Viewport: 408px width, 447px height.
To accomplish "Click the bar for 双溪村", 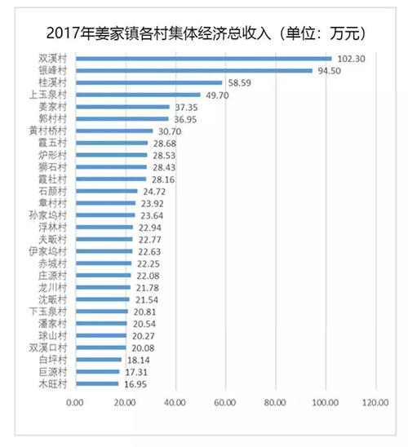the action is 204,59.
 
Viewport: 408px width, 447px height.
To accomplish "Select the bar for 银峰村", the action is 194,71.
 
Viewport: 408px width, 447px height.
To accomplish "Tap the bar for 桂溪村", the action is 149,82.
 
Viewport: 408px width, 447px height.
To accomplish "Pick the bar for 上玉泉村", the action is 138,95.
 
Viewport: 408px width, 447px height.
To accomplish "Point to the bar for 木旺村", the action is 97,383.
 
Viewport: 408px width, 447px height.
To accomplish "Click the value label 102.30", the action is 351,59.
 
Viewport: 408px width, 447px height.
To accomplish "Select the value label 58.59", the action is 240,83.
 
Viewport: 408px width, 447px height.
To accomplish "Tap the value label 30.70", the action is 170,131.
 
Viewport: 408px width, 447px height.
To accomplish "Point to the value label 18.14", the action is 138,360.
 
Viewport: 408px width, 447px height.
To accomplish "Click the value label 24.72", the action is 154,192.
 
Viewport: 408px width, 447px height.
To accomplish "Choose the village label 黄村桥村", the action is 48,131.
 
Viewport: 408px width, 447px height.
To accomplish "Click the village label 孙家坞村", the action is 48,215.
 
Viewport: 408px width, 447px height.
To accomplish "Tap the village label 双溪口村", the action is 48,347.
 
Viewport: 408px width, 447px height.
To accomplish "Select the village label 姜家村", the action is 53,107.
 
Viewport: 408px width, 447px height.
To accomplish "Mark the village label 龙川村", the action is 53,287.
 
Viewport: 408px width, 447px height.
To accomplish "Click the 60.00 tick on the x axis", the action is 225,402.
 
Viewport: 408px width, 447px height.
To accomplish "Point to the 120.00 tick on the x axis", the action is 375,402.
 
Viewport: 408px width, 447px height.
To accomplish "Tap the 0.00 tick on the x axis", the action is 75,402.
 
